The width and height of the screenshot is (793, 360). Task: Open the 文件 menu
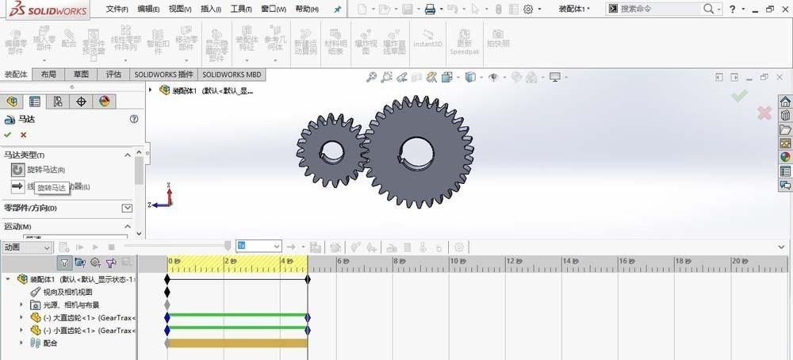click(118, 9)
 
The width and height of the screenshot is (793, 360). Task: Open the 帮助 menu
click(306, 9)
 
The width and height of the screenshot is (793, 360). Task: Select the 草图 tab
click(81, 75)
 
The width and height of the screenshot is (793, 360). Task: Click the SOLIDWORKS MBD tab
click(232, 75)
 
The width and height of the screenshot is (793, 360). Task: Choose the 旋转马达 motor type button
click(18, 170)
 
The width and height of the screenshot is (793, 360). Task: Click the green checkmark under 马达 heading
click(8, 135)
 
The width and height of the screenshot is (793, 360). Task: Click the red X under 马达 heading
click(23, 135)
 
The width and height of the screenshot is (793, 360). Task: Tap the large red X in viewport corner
click(764, 113)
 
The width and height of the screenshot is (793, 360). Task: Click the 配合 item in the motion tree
click(49, 343)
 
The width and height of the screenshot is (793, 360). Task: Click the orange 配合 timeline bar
click(237, 343)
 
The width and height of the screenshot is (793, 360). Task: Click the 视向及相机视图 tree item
click(67, 292)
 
